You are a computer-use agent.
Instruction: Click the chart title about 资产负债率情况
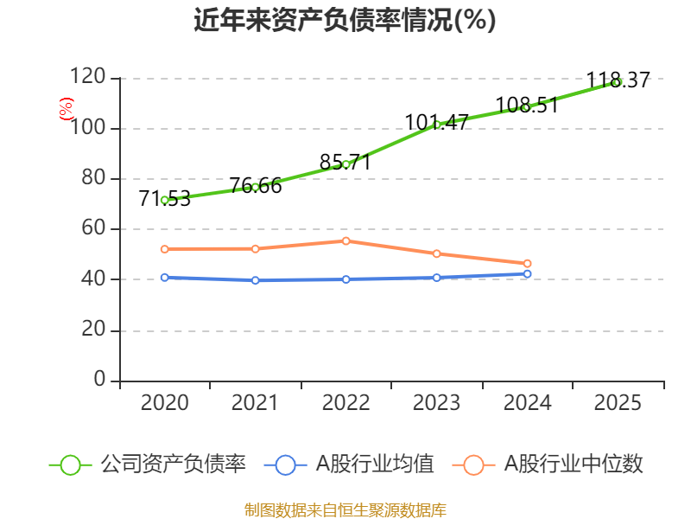(345, 21)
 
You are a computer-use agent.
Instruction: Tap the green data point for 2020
(164, 200)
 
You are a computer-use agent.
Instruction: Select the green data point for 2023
(437, 125)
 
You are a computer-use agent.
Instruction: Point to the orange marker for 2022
(346, 240)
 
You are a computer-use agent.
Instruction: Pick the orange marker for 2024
(528, 263)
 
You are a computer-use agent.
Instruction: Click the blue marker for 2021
(255, 280)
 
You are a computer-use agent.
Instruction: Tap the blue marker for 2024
(528, 274)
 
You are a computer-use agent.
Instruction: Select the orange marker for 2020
(164, 249)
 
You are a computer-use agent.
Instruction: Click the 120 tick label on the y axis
(89, 78)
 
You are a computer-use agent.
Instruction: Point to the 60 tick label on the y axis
(94, 229)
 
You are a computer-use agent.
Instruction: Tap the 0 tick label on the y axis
(100, 381)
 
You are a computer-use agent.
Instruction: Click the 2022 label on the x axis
(345, 403)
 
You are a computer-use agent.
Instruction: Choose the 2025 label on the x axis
(618, 403)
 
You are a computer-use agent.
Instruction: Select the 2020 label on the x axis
(164, 403)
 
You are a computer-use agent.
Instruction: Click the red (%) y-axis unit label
(66, 109)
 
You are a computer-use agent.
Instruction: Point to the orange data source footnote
(345, 509)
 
